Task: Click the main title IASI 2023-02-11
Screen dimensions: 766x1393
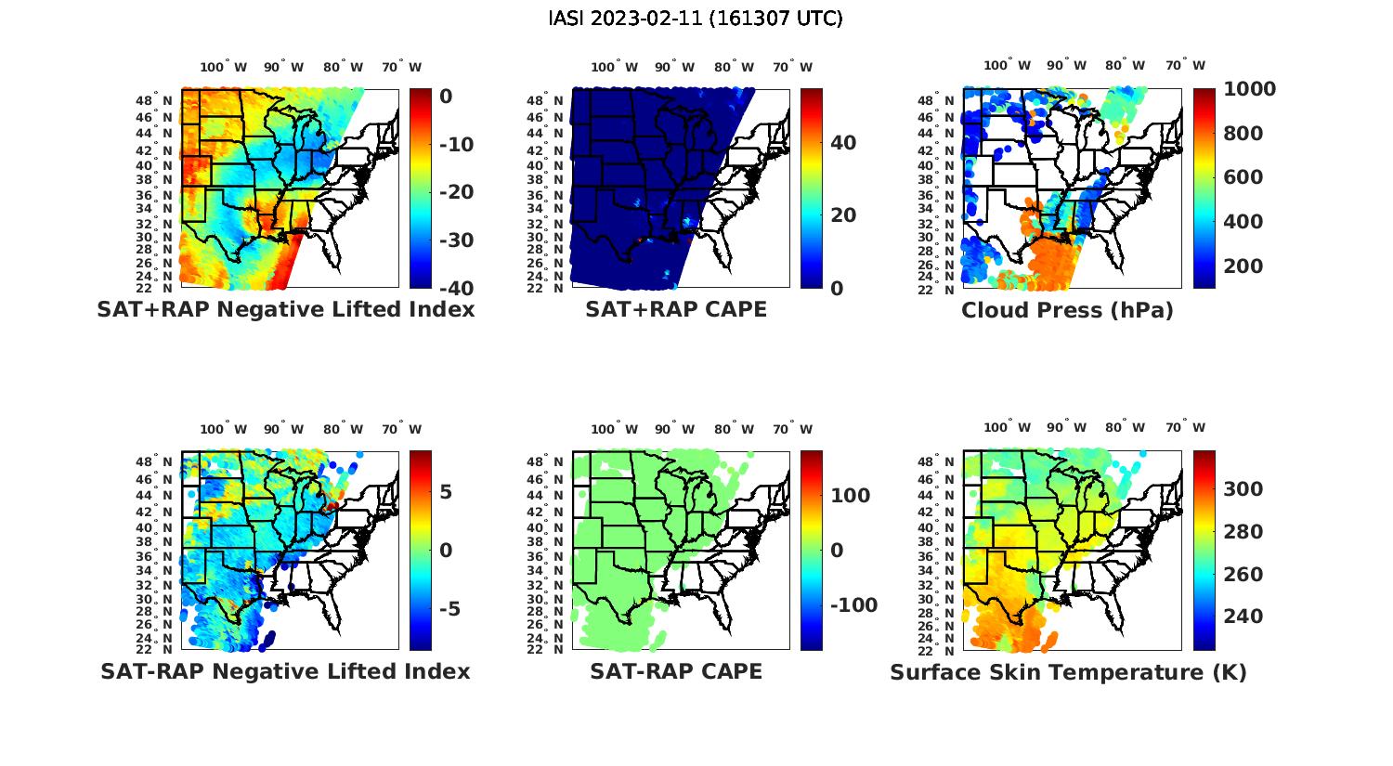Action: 696,19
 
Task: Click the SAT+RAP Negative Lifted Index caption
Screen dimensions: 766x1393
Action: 285,310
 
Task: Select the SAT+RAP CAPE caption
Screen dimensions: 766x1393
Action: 676,310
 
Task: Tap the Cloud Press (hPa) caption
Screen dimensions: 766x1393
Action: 1067,310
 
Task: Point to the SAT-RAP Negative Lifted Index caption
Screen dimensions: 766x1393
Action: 285,671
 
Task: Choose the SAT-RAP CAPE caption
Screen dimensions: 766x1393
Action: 676,671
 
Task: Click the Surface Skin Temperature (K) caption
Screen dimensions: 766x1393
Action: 1068,672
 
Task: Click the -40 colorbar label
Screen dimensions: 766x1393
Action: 457,288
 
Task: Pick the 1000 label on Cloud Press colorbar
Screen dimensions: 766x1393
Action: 1249,89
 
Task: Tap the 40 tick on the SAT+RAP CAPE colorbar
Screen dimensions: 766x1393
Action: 843,143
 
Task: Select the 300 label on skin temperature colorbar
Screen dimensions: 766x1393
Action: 1243,489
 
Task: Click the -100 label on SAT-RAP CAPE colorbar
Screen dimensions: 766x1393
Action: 853,605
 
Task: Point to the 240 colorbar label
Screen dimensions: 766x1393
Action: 1243,617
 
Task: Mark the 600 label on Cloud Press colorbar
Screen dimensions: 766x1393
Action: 1243,177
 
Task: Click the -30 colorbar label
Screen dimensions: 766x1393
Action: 457,240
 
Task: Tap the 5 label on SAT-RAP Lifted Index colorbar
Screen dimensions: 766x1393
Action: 446,492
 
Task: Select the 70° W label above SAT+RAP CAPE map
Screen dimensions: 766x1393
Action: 792,67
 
